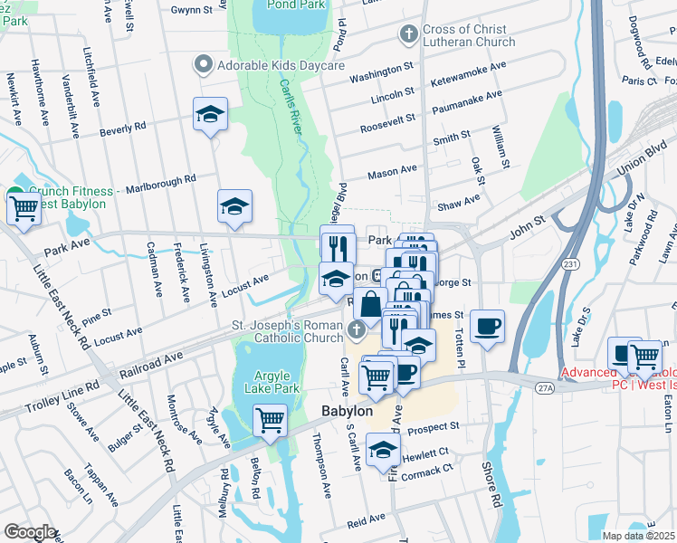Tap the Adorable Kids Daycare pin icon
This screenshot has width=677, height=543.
(203, 66)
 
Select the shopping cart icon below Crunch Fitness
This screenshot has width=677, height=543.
(24, 208)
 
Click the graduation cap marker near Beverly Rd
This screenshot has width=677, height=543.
(210, 115)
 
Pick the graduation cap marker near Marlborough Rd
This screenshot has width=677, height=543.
(234, 206)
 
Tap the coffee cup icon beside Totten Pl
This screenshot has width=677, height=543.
(488, 327)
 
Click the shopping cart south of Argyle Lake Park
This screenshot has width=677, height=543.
(270, 420)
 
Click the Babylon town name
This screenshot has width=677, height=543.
(348, 412)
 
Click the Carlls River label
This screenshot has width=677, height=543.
(291, 108)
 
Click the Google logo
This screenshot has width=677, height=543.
(30, 531)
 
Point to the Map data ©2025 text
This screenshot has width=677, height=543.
(638, 536)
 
